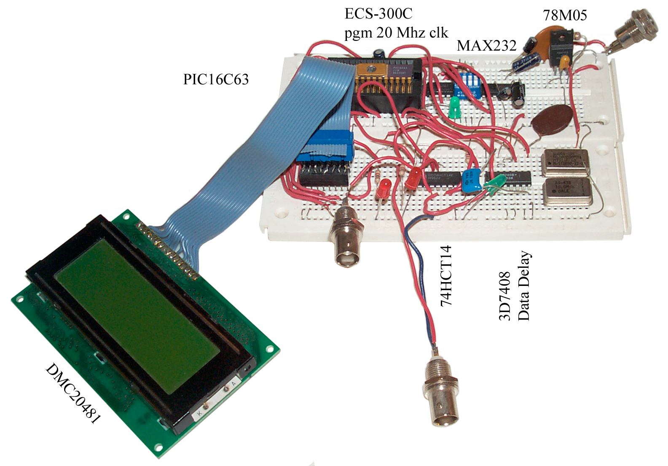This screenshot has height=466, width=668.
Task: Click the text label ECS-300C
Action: point(378,13)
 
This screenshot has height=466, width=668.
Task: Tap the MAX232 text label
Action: point(486,46)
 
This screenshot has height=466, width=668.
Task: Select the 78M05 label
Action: point(565,15)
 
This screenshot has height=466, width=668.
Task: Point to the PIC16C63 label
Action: point(216,79)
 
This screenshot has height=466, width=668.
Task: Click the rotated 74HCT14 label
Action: point(446,276)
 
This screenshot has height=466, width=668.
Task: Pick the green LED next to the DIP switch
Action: point(454,107)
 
